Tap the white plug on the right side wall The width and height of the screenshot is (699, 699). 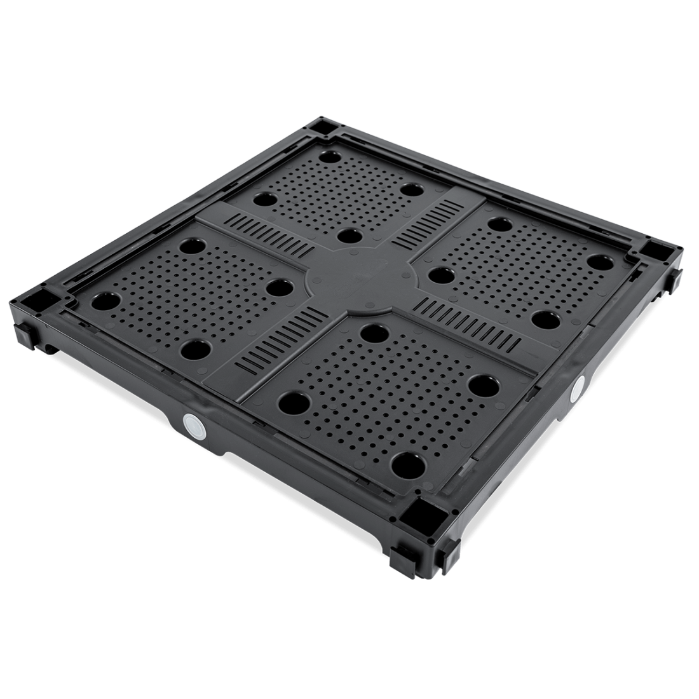pos(580,386)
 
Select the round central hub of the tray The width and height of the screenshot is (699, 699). pos(361,280)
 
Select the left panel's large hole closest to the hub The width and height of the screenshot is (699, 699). pos(276,287)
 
